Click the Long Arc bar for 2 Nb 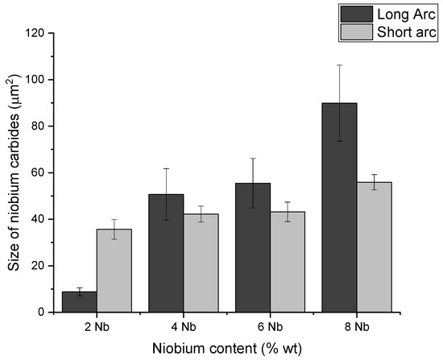pyautogui.click(x=80, y=302)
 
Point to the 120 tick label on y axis pyautogui.click(x=35, y=33)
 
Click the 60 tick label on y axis pyautogui.click(x=39, y=172)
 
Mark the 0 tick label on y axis pyautogui.click(x=42, y=312)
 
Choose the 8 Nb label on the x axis pyautogui.click(x=356, y=328)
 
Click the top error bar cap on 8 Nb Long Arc pyautogui.click(x=339, y=65)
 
